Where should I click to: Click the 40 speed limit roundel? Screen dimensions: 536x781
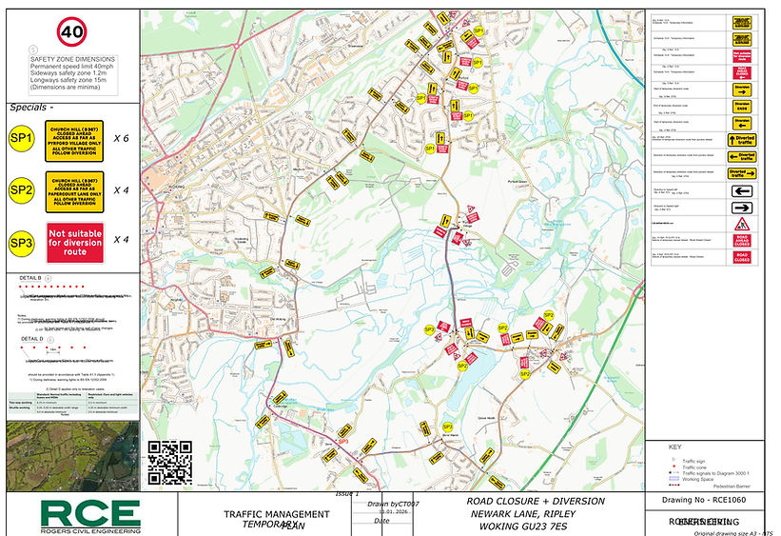[x=70, y=31]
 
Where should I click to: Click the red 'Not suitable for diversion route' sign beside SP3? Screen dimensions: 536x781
[x=73, y=242]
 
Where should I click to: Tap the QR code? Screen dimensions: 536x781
[x=170, y=463]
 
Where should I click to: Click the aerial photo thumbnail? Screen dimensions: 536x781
[x=72, y=455]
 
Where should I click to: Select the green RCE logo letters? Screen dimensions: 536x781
[x=89, y=514]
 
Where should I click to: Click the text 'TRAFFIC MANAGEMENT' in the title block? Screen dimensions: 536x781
[x=277, y=515]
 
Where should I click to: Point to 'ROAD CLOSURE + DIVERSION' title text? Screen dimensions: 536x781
[x=536, y=501]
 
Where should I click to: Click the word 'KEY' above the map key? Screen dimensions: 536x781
[x=675, y=447]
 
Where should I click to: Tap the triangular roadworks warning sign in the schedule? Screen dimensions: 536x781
[x=742, y=224]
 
